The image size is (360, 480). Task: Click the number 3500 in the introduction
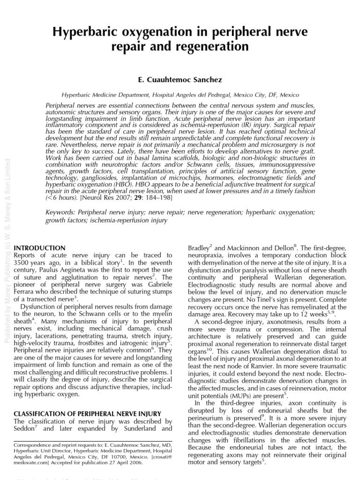click(23, 263)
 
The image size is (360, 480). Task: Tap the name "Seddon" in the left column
click(26, 430)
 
